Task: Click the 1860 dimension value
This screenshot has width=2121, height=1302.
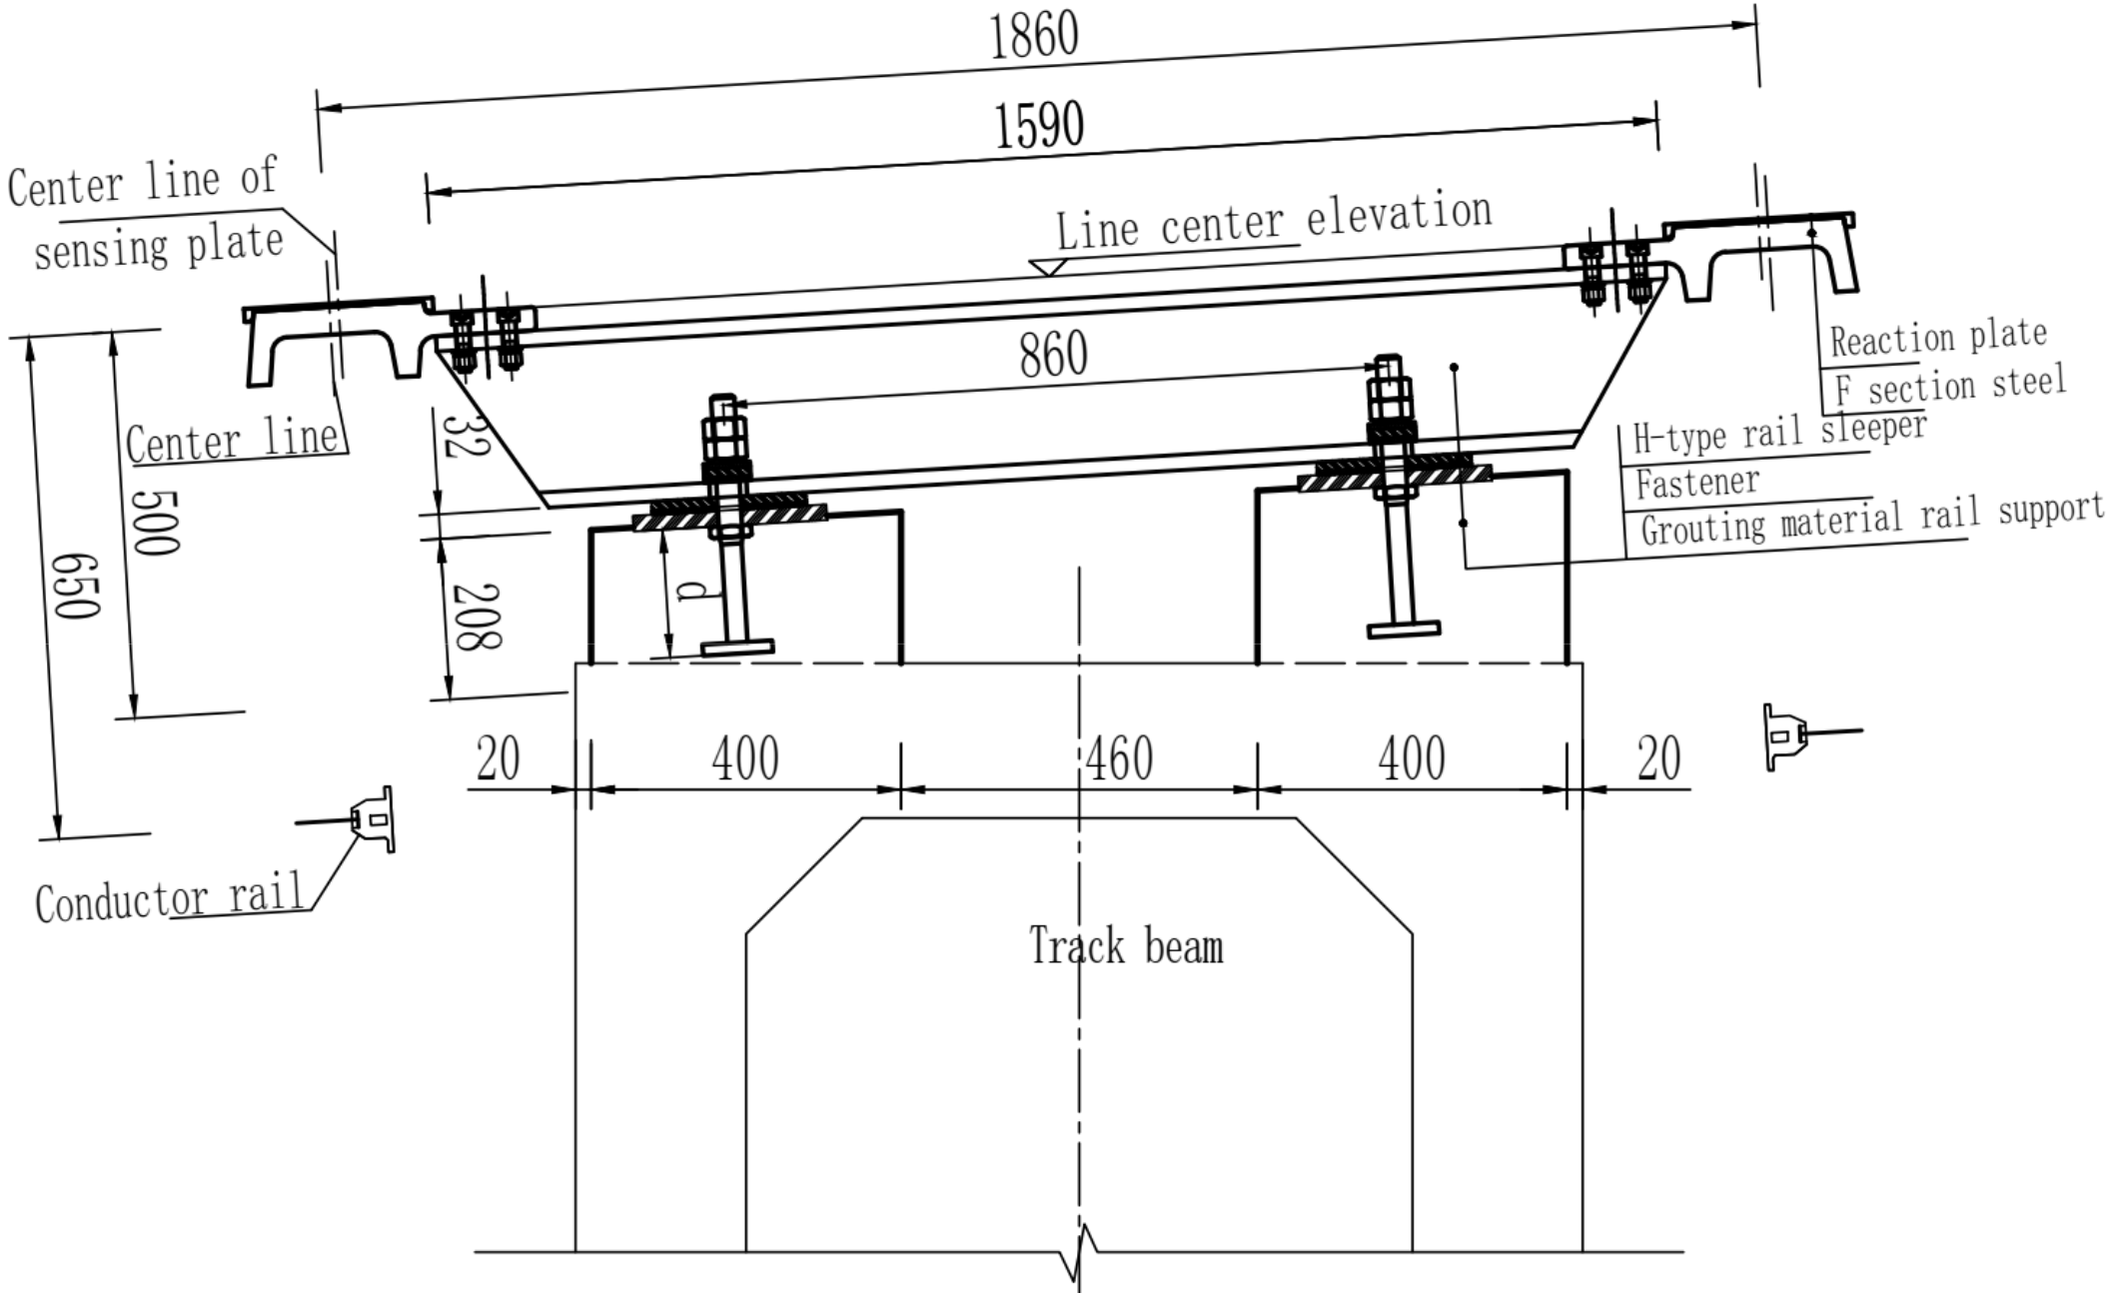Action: [1034, 36]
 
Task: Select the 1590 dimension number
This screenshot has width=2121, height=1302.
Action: [1039, 126]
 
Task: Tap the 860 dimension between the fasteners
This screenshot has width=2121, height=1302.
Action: [1053, 354]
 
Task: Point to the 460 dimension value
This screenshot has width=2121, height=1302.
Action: [1120, 758]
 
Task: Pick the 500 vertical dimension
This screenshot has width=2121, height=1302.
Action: [156, 522]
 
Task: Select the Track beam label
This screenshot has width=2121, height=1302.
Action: [1126, 946]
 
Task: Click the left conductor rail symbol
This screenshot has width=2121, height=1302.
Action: [375, 819]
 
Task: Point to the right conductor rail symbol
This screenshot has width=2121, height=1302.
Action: [1783, 736]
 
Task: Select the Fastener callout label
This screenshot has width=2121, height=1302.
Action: [1696, 483]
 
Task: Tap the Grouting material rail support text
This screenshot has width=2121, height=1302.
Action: [1871, 521]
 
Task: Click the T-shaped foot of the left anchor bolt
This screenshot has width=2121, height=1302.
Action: [737, 649]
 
